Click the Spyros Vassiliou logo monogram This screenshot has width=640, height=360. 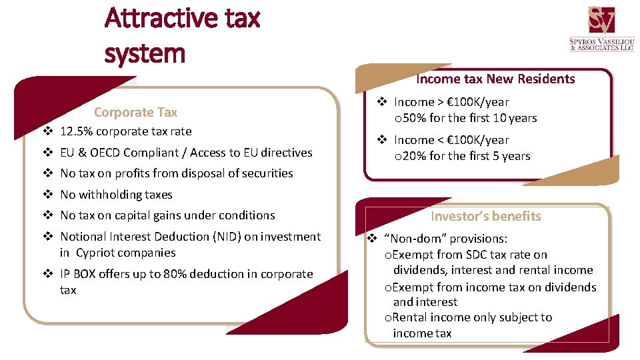pos(601,21)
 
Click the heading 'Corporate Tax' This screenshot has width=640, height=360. pos(135,112)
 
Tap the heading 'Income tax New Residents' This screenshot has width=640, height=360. pos(495,79)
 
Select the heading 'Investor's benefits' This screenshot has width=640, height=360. pos(485,216)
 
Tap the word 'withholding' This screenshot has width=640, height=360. pos(109,195)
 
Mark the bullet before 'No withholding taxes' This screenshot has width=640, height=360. pos(48,195)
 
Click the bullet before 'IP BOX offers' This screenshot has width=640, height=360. pos(48,274)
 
